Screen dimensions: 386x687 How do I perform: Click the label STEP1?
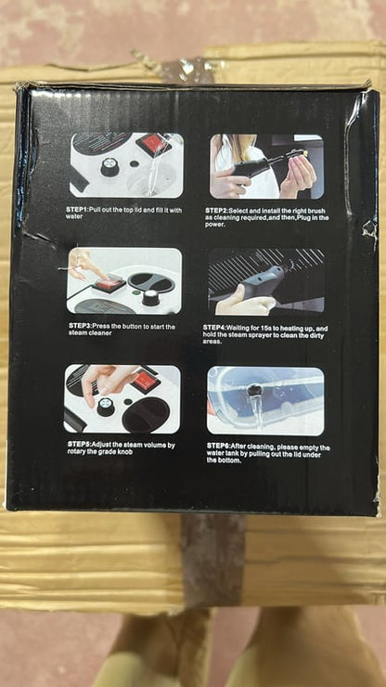[x=77, y=210]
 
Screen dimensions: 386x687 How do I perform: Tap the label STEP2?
[x=216, y=211]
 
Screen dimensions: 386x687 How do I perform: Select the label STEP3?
[x=80, y=326]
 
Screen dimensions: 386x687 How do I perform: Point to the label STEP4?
[x=214, y=328]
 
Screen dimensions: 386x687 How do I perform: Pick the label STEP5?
[x=79, y=445]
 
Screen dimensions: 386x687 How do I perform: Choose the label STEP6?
[x=218, y=446]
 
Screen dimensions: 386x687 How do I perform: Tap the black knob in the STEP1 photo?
[x=109, y=167]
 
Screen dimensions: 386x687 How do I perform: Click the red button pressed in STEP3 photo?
[x=109, y=285]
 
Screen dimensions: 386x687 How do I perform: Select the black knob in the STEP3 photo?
[x=150, y=297]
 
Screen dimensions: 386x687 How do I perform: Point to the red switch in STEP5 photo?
[x=146, y=382]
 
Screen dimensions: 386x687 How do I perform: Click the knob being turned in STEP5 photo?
[x=106, y=407]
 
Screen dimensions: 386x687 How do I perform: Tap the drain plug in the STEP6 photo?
[x=253, y=391]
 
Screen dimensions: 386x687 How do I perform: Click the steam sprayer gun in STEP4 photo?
[x=259, y=282]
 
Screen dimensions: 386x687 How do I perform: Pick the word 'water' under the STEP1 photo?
[x=73, y=216]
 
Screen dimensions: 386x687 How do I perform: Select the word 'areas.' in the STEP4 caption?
[x=212, y=342]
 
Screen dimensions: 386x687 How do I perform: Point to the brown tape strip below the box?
[x=213, y=561]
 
